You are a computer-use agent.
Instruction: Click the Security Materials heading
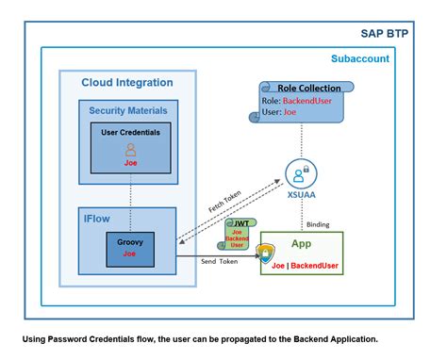click(128, 110)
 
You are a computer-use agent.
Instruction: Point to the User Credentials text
click(131, 131)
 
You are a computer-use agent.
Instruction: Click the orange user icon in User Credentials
click(131, 148)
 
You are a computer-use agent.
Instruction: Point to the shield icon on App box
click(268, 254)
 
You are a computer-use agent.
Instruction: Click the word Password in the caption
click(74, 336)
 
